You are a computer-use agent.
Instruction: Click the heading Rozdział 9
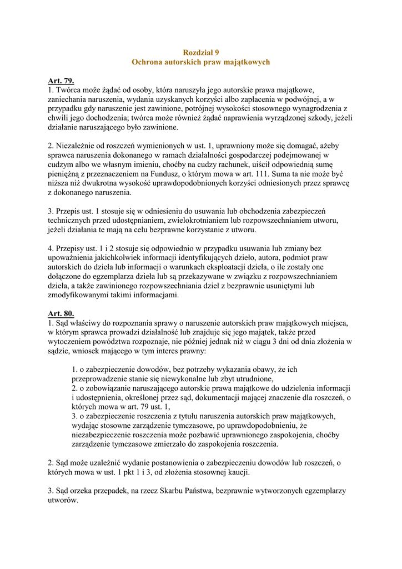(x=200, y=52)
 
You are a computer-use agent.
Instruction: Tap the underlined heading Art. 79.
(x=61, y=81)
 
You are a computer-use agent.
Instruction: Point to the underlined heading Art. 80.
(x=61, y=313)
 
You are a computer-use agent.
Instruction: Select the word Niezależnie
(x=77, y=146)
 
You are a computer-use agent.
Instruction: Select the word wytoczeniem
(x=71, y=342)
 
